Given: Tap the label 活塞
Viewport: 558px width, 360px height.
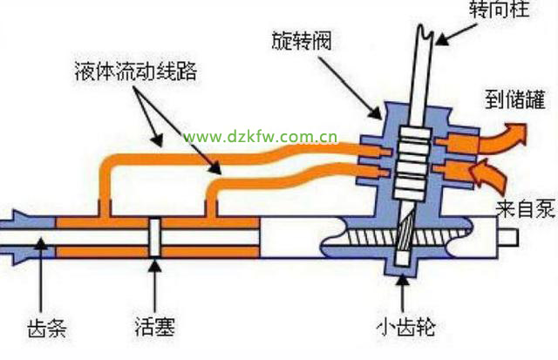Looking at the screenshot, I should tap(153, 330).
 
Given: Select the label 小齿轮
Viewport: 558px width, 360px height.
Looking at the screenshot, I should tap(403, 329).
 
